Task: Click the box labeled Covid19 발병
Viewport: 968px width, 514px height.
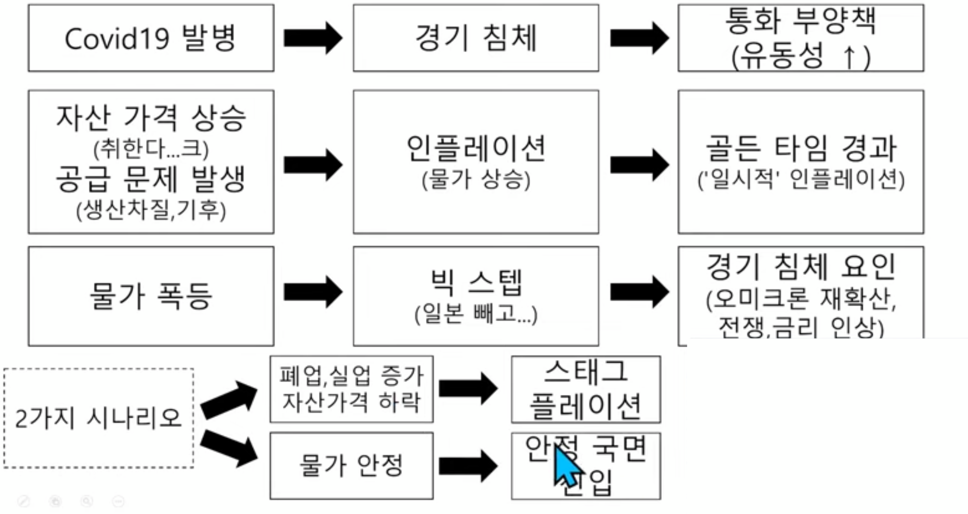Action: point(151,38)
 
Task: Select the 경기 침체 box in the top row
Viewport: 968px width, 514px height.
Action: point(476,38)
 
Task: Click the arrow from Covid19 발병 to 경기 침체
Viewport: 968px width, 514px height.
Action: point(313,38)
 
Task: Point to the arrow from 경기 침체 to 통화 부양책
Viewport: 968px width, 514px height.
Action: point(639,38)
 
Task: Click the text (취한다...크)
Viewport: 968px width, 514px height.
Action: point(151,149)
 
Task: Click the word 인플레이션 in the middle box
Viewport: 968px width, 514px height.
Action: point(476,148)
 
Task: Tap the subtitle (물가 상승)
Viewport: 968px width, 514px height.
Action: point(476,180)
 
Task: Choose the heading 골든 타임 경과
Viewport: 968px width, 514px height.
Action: point(801,148)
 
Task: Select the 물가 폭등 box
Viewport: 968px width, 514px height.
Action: point(151,296)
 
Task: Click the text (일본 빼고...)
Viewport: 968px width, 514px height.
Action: point(476,314)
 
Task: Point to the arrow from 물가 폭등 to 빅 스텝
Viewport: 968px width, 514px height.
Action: point(313,292)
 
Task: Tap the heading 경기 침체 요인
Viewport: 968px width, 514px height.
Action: point(801,266)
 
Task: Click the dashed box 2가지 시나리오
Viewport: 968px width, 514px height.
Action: point(98,418)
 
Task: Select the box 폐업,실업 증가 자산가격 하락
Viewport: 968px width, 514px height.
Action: point(351,389)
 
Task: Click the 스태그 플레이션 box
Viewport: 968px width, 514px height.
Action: point(585,389)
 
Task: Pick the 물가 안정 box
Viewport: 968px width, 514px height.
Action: point(351,466)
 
